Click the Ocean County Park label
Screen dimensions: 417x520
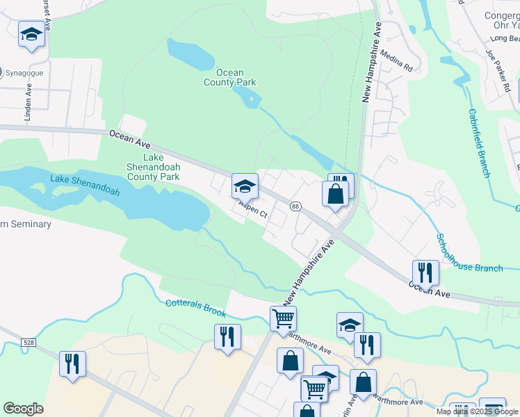(x=230, y=77)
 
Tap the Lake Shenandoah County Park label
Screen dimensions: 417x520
(x=152, y=167)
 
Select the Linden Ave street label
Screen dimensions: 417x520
(x=29, y=104)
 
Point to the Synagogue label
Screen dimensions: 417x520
(x=25, y=72)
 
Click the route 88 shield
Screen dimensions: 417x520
(x=296, y=206)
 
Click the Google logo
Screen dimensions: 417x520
(x=24, y=409)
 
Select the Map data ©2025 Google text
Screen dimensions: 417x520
(x=476, y=411)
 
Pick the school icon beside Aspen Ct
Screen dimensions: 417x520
(x=245, y=186)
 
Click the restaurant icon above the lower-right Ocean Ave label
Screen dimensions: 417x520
(x=425, y=272)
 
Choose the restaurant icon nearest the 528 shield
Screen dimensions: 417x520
(x=72, y=364)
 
